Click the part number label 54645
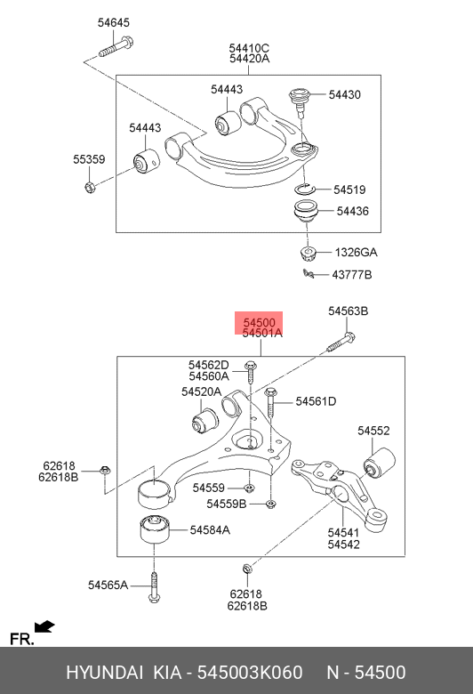pyautogui.click(x=113, y=22)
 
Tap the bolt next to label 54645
pyautogui.click(x=116, y=47)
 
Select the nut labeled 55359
pyautogui.click(x=91, y=188)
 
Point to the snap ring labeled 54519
pyautogui.click(x=303, y=189)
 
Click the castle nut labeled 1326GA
pyautogui.click(x=308, y=253)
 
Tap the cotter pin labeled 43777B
pyautogui.click(x=309, y=274)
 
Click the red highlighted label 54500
pyautogui.click(x=259, y=323)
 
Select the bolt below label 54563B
pyautogui.click(x=341, y=343)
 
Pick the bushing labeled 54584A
pyautogui.click(x=155, y=529)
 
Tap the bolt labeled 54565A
pyautogui.click(x=154, y=587)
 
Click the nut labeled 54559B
pyautogui.click(x=270, y=504)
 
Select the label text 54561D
pyautogui.click(x=316, y=401)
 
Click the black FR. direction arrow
pyautogui.click(x=44, y=626)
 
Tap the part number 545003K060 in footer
pyautogui.click(x=250, y=673)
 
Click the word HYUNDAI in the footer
pyautogui.click(x=104, y=673)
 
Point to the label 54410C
pyautogui.click(x=249, y=48)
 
